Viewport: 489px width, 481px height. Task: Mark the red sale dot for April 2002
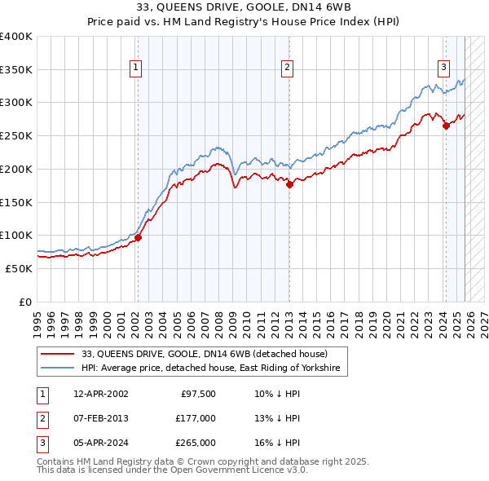[x=138, y=237]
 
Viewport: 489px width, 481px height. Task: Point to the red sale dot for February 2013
[x=289, y=184]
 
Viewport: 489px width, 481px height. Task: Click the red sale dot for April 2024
[x=446, y=126]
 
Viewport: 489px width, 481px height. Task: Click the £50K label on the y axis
[x=20, y=268]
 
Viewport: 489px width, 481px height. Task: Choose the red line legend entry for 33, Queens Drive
[x=204, y=355]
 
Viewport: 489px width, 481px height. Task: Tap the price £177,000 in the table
[x=196, y=418]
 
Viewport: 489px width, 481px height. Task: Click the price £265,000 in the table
[x=196, y=443]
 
